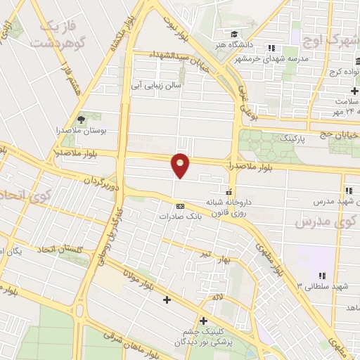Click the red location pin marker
tap(181, 165)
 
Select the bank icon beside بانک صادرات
tap(180, 206)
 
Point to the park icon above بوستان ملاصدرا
tap(80, 120)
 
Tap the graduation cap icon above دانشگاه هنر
tap(233, 34)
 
